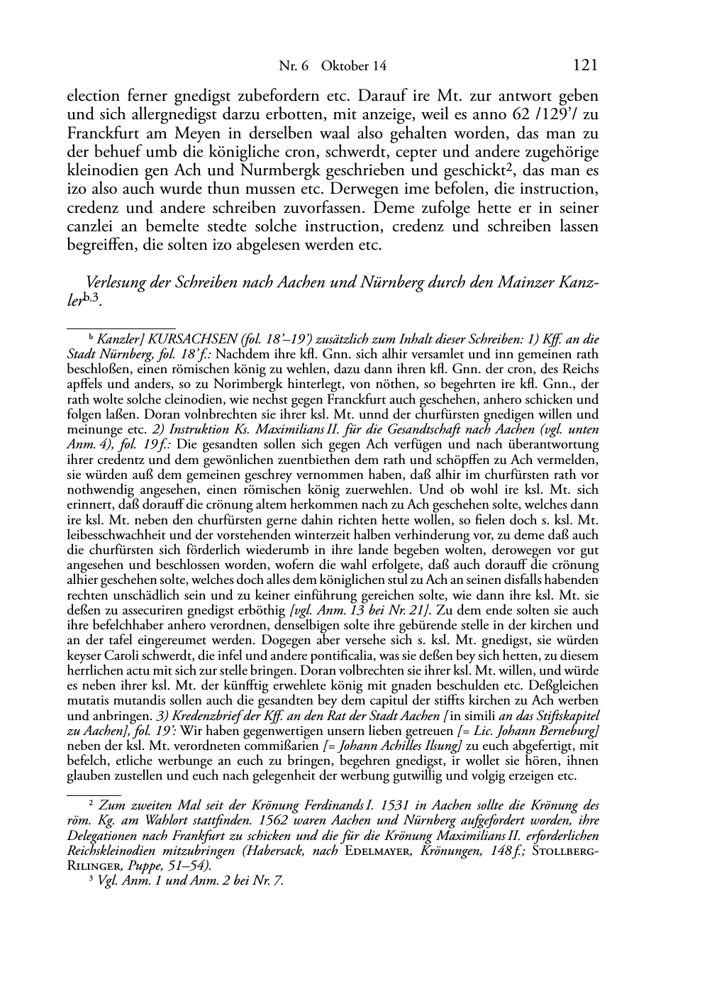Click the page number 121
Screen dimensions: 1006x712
[585, 66]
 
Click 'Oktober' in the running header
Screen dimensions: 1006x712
[344, 67]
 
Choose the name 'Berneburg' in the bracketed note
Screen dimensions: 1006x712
[569, 731]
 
